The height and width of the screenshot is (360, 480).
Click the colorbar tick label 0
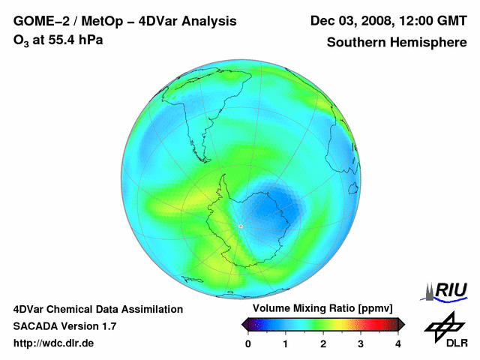(248, 343)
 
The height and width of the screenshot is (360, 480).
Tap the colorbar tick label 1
(286, 343)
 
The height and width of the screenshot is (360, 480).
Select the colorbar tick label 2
(323, 343)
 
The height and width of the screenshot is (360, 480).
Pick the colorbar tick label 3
(361, 343)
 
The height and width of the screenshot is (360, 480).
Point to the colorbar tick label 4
(398, 343)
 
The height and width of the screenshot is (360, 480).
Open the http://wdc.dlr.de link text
(54, 343)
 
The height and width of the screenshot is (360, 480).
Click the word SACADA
(36, 326)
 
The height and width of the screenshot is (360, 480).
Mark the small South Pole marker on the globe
(241, 226)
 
